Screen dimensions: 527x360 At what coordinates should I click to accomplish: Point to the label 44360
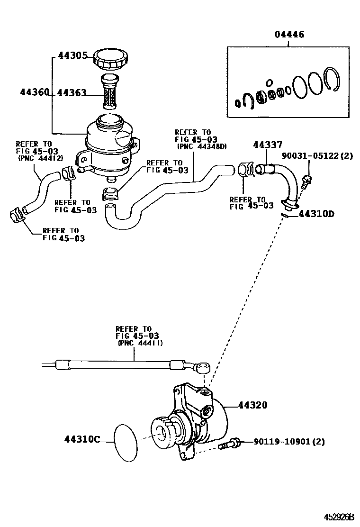point(34,92)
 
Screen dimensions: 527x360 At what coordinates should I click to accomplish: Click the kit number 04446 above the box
point(289,35)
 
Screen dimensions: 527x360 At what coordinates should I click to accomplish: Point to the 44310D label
point(316,214)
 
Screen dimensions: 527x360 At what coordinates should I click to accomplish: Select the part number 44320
point(252,405)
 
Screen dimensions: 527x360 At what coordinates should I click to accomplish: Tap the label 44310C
point(82,439)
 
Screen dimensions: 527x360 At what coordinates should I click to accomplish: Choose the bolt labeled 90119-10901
point(229,445)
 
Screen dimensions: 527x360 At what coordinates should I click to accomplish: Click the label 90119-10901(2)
point(289,442)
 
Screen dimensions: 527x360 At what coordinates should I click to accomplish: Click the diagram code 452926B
point(339,516)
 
